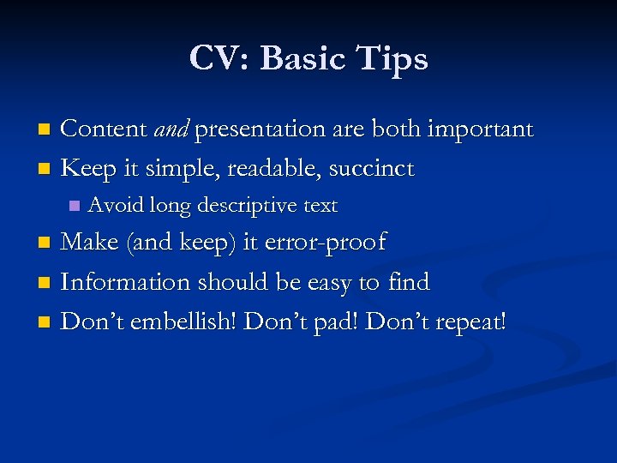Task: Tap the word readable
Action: (267, 169)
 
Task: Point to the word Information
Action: (127, 282)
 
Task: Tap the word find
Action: (409, 282)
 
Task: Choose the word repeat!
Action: (470, 322)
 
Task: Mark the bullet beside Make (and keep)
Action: (46, 244)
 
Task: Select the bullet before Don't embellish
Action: (46, 323)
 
